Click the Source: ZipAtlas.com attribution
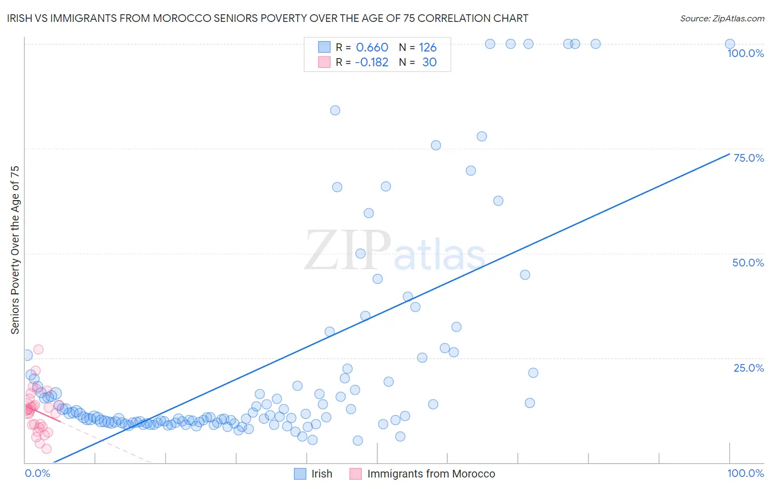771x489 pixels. [x=722, y=18]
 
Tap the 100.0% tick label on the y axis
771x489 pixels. [x=745, y=53]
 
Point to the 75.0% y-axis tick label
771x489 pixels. [x=749, y=158]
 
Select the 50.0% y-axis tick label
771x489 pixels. [x=748, y=263]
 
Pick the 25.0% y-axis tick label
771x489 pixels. [x=749, y=368]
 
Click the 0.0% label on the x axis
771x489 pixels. [x=37, y=474]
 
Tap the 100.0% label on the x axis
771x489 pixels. [x=745, y=474]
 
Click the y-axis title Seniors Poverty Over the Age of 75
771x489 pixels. [x=15, y=250]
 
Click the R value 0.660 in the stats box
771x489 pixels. [x=372, y=48]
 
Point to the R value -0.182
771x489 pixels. [x=371, y=62]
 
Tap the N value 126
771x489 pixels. [x=428, y=48]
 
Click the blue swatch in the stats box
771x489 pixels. [x=325, y=47]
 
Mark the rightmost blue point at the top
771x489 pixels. [x=730, y=44]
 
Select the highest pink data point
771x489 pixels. [x=38, y=349]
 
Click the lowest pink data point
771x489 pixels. [x=47, y=448]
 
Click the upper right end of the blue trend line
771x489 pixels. [x=730, y=153]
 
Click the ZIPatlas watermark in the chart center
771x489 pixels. [x=395, y=251]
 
